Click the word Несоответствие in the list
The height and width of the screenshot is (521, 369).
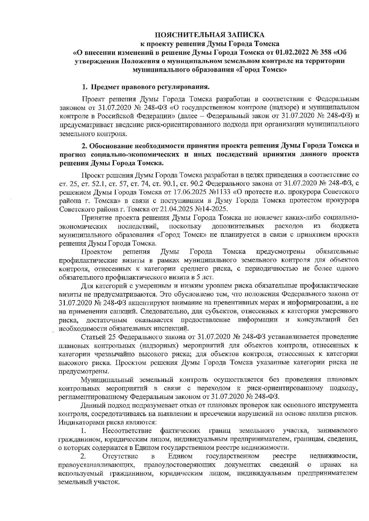[x=127, y=431]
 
